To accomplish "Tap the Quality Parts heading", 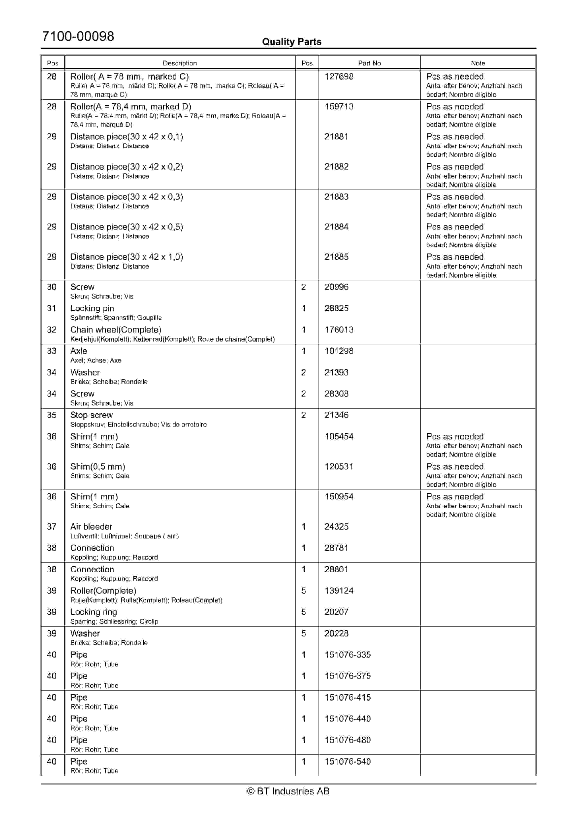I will [291, 42].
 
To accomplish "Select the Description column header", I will [180, 63].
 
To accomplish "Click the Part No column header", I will [369, 63].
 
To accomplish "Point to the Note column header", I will [478, 63].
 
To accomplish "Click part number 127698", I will [339, 76].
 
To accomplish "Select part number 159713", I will [339, 107].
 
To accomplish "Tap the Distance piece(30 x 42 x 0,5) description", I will [127, 227].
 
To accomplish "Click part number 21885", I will [336, 257].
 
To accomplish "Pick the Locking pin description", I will [92, 309].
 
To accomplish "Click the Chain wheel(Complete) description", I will [116, 330].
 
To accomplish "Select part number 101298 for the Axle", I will [339, 351].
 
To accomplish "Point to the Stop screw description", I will [91, 415].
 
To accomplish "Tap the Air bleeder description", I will [91, 527].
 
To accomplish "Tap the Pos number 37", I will [52, 527].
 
